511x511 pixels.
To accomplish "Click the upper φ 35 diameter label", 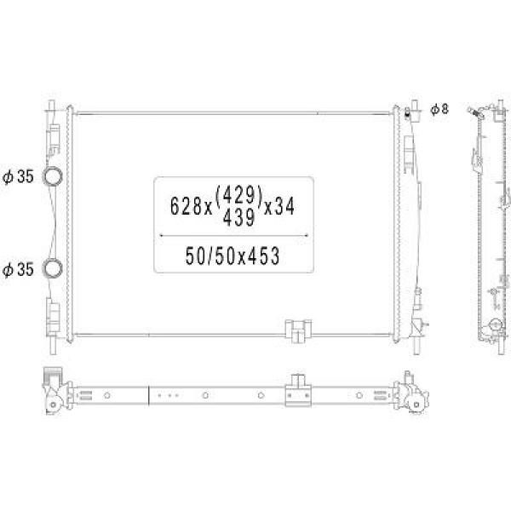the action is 18,176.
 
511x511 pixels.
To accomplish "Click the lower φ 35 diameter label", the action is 18,270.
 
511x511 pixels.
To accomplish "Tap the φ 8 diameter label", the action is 439,109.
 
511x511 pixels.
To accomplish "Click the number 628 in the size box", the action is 186,207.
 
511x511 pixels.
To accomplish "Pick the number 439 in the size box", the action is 238,218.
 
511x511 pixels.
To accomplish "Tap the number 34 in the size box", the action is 284,206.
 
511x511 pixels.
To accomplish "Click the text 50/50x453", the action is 233,255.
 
